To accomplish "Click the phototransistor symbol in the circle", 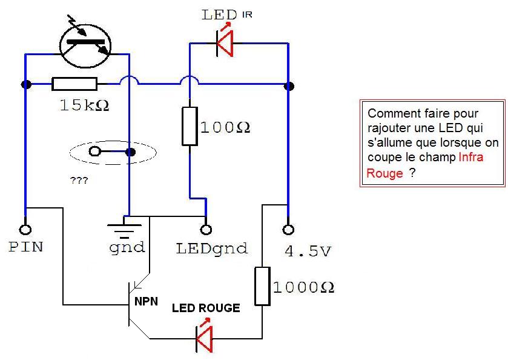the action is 85,45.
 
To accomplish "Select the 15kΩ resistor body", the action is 74,84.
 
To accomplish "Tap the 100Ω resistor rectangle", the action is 190,126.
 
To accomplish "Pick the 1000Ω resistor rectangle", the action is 262,286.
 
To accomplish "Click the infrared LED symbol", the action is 225,43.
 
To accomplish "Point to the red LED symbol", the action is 205,338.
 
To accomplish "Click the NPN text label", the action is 146,301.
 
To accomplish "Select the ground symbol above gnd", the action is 124,228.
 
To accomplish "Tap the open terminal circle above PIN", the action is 25,230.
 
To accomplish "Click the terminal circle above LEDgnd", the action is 206,230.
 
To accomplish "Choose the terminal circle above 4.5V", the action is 288,230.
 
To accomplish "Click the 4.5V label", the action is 308,252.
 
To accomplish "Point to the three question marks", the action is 79,180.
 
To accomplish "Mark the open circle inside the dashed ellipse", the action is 94,152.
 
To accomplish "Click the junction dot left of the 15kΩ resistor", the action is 26,84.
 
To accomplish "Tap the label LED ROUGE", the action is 206,308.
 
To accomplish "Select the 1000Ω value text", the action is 303,287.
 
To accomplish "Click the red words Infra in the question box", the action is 471,157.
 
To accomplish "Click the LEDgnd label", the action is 212,249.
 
